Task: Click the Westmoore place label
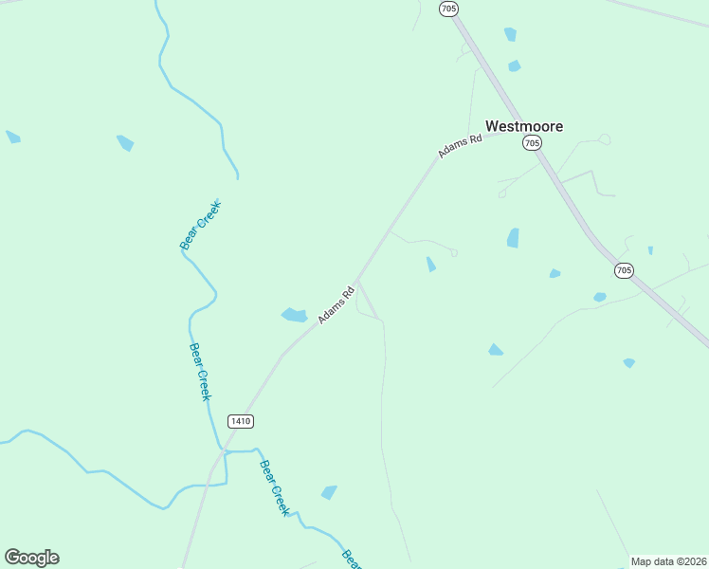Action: (524, 126)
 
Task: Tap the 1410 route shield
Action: (241, 420)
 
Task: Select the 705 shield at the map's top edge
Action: (448, 9)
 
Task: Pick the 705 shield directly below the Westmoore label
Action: (532, 142)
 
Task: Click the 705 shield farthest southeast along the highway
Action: (623, 270)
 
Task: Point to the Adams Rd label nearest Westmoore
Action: (461, 145)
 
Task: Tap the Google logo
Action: (31, 558)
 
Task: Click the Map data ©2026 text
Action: (668, 561)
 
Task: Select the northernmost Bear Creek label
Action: (200, 226)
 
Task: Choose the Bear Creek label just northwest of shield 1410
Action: (199, 371)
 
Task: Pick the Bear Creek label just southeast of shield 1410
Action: (274, 487)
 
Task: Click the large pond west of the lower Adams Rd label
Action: (294, 315)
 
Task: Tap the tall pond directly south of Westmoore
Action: (513, 238)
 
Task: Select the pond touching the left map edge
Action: (12, 138)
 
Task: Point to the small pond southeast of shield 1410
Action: (329, 492)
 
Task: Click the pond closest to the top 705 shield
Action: (510, 35)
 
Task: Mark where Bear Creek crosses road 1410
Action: (224, 450)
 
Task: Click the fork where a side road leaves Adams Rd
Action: (356, 281)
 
